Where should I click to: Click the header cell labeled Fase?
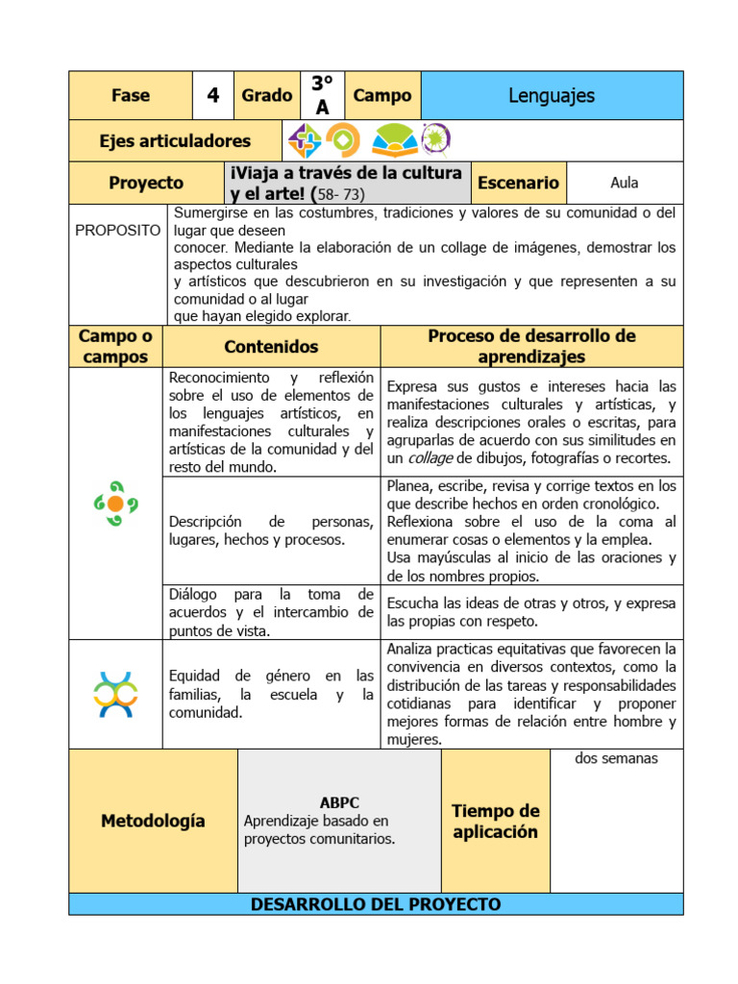point(131,96)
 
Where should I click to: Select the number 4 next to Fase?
point(213,96)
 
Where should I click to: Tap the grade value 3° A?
point(322,96)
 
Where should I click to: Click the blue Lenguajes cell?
point(552,96)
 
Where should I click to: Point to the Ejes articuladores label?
point(175,141)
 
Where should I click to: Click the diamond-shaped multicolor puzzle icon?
point(306,141)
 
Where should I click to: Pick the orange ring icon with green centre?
point(342,141)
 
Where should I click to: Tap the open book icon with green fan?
point(394,141)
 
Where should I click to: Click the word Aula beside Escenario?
point(624,183)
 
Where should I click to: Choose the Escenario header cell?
point(518,183)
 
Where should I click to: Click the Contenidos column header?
point(271,347)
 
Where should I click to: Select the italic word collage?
point(425,458)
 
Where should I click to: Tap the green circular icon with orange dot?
point(115,503)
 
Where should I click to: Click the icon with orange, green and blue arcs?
point(115,695)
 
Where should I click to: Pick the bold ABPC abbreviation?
point(339,802)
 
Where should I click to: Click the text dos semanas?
point(616,759)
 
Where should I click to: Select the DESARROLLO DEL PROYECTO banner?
point(376,904)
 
